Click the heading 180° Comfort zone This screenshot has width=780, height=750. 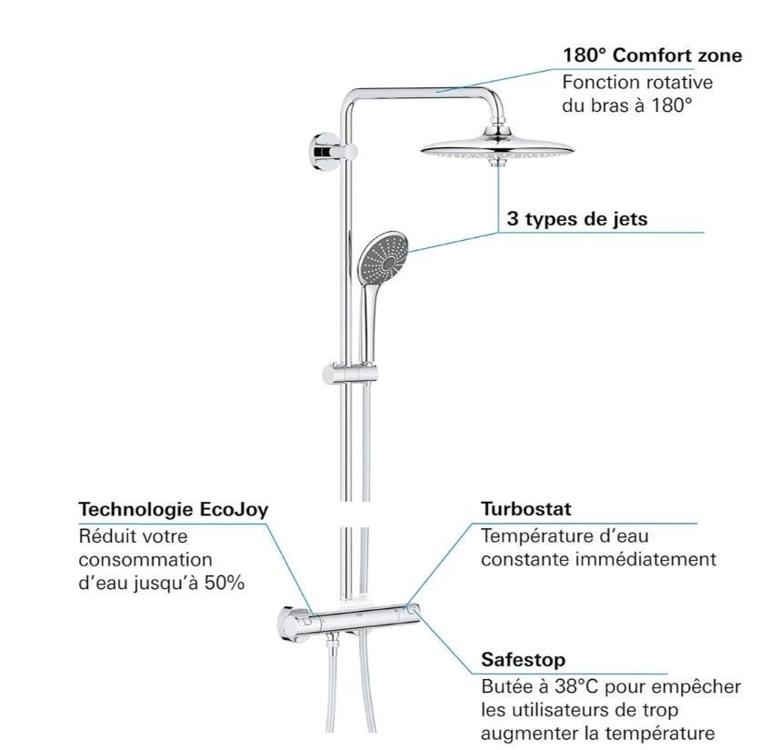[x=652, y=55]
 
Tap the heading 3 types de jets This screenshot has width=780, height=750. [x=577, y=219]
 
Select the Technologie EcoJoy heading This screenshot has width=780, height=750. [x=174, y=509]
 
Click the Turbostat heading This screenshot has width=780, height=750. [x=526, y=509]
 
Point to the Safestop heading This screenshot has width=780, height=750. [x=523, y=659]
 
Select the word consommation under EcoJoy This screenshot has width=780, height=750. [x=145, y=560]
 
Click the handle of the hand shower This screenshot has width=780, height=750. [x=370, y=318]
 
